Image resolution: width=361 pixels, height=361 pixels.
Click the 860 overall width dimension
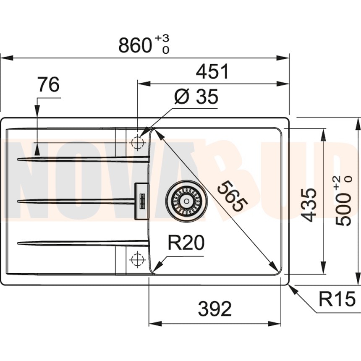135,44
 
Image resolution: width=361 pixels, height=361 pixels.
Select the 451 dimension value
213,72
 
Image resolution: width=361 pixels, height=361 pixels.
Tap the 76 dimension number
48,85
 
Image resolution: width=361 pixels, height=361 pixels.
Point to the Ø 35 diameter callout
196,97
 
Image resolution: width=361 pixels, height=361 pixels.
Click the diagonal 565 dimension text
232,196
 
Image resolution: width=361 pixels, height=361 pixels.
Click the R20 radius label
186,243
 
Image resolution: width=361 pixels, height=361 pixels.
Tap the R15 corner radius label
337,299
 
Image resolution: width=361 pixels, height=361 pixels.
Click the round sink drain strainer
186,201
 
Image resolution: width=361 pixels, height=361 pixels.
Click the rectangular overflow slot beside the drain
141,201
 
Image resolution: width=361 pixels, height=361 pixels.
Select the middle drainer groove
76,201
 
